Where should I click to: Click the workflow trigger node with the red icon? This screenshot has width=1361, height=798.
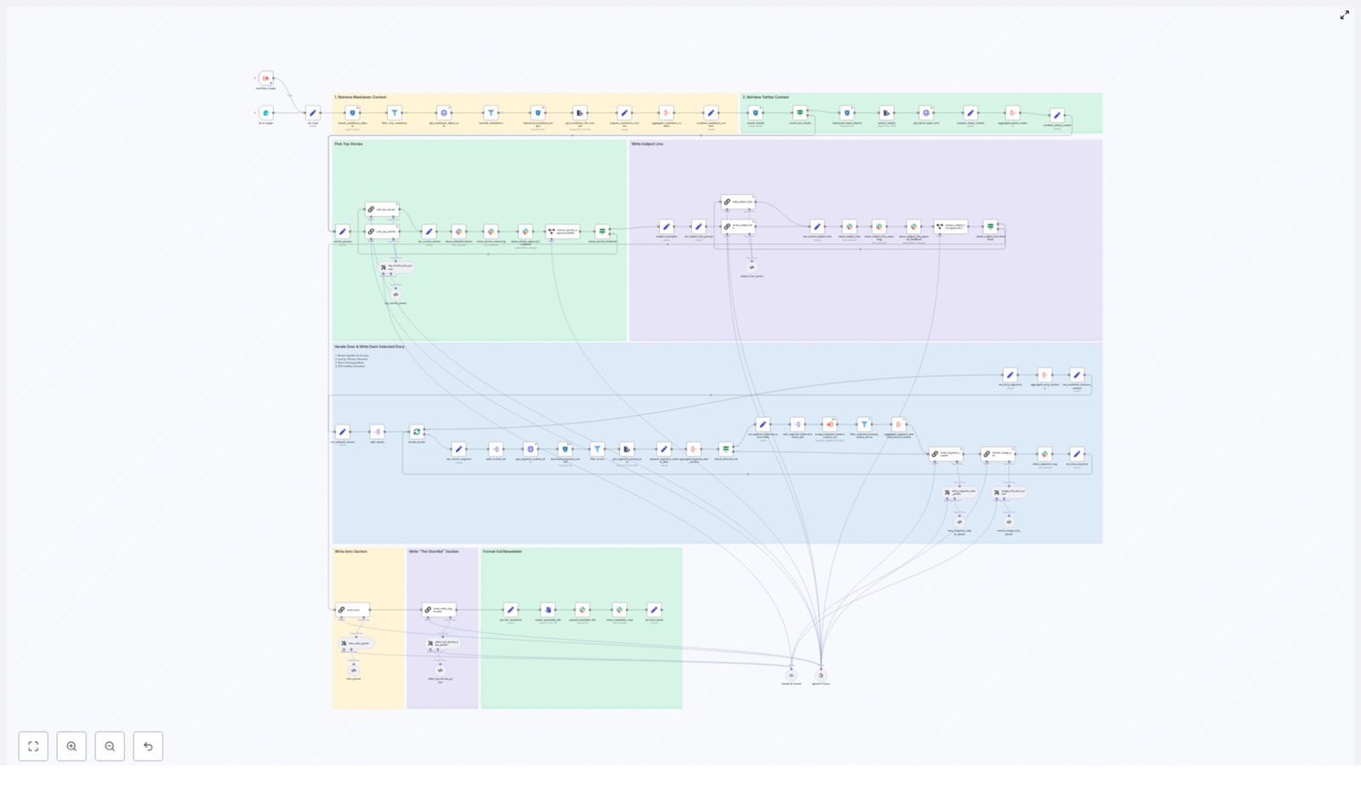[x=266, y=78]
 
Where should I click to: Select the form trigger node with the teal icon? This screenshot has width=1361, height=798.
[x=266, y=112]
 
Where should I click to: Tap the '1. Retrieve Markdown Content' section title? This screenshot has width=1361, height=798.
[x=361, y=97]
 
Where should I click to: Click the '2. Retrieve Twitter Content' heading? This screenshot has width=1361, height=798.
[x=766, y=97]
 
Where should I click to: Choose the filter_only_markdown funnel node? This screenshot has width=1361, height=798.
[x=395, y=112]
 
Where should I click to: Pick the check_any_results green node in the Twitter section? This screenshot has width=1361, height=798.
[x=800, y=112]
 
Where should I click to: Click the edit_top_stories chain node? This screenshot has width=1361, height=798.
[x=382, y=209]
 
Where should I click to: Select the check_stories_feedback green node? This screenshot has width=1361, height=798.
[x=602, y=231]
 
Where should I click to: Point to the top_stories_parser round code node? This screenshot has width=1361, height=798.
[x=396, y=294]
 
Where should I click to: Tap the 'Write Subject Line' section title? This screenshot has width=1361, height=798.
[x=647, y=144]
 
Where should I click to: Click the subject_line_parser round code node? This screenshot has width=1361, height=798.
[x=752, y=267]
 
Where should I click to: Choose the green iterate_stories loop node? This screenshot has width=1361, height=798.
[x=417, y=431]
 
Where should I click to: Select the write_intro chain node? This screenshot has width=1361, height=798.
[x=352, y=609]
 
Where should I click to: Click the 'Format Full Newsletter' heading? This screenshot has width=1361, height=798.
[x=503, y=551]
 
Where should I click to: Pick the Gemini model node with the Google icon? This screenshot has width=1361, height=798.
[x=821, y=675]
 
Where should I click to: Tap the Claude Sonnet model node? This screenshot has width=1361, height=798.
[x=791, y=675]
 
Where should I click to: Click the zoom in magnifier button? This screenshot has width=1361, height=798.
[x=71, y=746]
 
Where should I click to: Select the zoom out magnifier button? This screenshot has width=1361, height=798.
[x=110, y=746]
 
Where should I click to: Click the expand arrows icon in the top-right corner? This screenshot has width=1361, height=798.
[x=1344, y=15]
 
